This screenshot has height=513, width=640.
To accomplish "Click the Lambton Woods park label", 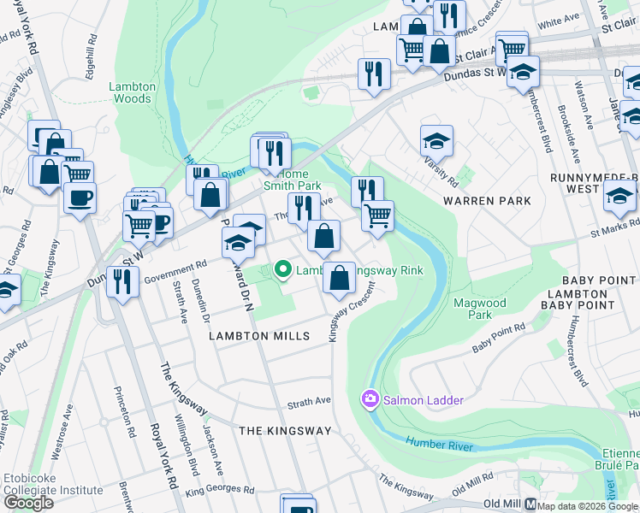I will pos(132,92).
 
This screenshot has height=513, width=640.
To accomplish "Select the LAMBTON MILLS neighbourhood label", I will pos(259,336).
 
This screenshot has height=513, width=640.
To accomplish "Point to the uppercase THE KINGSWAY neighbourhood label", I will pos(284,431).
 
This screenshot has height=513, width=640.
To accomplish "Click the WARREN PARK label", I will pos(487,201).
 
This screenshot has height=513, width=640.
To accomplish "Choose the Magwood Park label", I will pos(480,309).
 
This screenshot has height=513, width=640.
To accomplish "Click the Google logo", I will pos(29,503).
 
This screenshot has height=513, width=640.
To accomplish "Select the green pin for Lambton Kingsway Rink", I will pos(283,270).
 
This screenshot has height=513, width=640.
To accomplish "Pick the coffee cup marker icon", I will pos(80,198).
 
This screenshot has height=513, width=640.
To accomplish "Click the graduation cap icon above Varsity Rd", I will pos(436,139).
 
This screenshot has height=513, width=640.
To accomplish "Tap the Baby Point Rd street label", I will pos(499,340).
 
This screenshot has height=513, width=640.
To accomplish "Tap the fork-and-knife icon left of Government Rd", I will pos(122,280).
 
